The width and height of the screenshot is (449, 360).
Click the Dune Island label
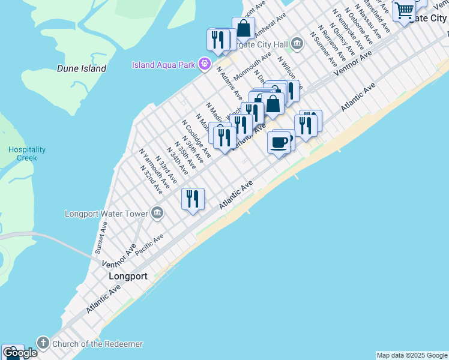(x=82, y=68)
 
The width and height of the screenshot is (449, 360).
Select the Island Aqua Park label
(x=165, y=64)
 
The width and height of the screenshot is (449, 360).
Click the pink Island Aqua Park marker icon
(x=205, y=63)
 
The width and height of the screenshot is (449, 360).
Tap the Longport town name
(x=128, y=277)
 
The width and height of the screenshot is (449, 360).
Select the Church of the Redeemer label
(x=97, y=344)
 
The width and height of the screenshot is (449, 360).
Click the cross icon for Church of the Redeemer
(x=43, y=343)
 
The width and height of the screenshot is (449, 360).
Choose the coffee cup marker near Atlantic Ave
(x=279, y=143)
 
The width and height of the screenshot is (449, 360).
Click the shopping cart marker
(x=405, y=10)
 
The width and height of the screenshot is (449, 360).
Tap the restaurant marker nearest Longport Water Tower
(x=193, y=199)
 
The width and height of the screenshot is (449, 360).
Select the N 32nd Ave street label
(x=151, y=179)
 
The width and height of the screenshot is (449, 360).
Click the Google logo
(x=20, y=353)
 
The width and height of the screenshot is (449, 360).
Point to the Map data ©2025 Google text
(x=412, y=355)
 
